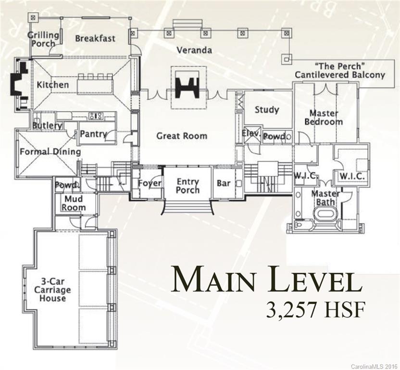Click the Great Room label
point(182,136)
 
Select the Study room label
point(267,110)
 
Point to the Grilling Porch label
point(43,39)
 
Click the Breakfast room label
point(95,38)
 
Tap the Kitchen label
point(53,85)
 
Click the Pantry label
point(93,134)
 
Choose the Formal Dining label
point(50,152)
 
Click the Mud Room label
point(74,203)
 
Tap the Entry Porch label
point(187,186)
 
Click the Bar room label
point(224,184)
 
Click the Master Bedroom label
point(324,118)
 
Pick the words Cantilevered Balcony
point(340,75)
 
